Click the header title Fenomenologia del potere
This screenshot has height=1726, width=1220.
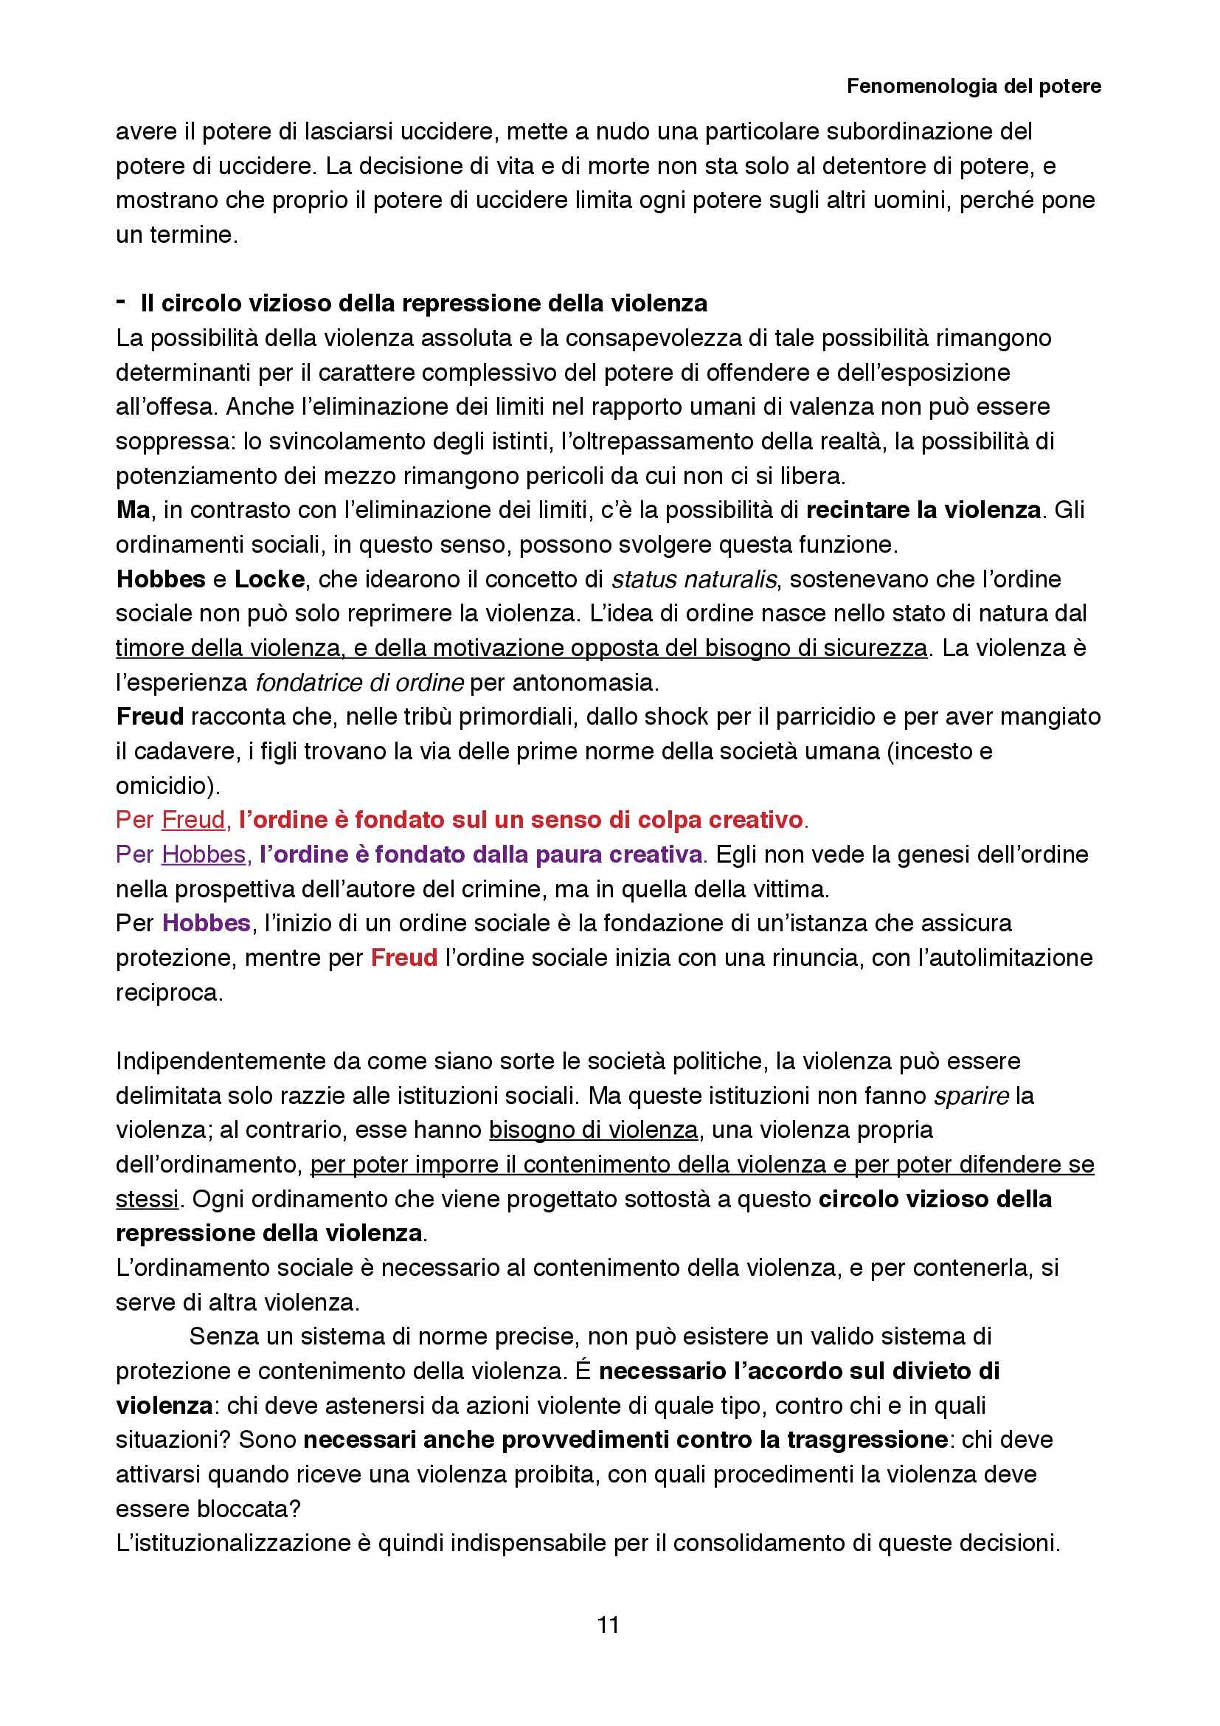pos(974,86)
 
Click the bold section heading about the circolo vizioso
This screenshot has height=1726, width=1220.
pos(423,304)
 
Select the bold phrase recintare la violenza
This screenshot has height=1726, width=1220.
pos(923,511)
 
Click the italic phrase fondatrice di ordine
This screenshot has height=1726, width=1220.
pos(359,683)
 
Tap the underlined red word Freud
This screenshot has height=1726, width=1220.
pos(193,819)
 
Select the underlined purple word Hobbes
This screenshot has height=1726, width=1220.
pos(204,854)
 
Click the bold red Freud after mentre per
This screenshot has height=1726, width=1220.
pos(404,958)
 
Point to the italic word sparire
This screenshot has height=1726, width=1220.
pos(971,1096)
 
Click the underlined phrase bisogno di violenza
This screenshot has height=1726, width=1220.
pos(594,1130)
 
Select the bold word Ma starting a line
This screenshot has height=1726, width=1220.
pos(133,511)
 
